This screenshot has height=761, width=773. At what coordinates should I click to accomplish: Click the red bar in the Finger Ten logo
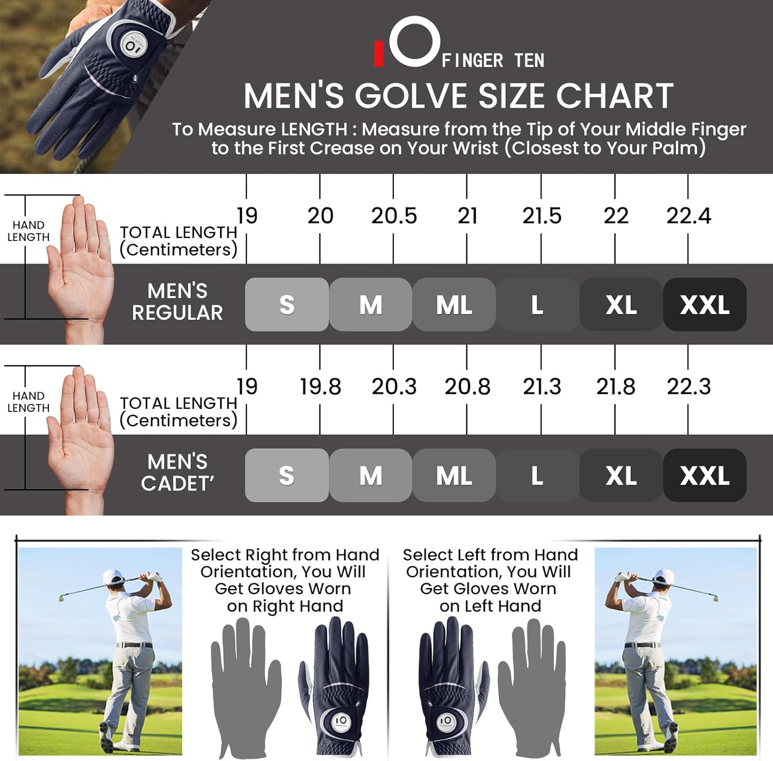[379, 54]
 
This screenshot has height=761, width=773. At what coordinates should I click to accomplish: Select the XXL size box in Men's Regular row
[704, 304]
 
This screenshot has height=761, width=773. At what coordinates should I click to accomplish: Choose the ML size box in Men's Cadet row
[454, 475]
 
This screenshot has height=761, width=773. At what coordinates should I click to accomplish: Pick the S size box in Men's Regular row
[287, 304]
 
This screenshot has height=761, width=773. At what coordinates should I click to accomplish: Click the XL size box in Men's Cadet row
[621, 475]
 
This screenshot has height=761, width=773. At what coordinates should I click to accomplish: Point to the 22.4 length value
[688, 216]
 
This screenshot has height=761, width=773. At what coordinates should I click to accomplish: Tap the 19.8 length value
[320, 387]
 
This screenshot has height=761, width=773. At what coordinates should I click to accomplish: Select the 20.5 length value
[394, 216]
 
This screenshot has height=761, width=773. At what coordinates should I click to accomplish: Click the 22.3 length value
[688, 387]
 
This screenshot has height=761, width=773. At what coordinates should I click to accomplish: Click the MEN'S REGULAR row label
[177, 302]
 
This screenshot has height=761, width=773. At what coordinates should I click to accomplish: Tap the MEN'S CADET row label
[177, 473]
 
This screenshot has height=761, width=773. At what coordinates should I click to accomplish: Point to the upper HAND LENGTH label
[28, 231]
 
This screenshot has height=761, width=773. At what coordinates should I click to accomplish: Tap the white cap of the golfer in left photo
[114, 576]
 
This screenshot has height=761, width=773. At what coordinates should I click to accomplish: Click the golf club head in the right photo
[713, 597]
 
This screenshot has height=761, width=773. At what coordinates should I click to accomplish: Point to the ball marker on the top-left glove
[131, 47]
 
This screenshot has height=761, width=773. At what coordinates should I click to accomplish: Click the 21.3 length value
[541, 387]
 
